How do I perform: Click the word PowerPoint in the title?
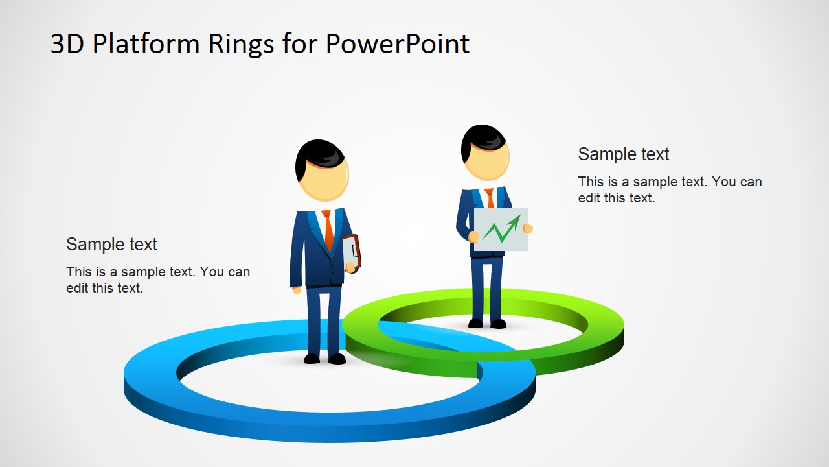coord(397,44)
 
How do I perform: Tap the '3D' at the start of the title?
coord(67,44)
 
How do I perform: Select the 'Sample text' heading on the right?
coord(623,154)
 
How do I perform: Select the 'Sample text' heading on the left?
coord(111,245)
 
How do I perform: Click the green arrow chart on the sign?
coord(501,229)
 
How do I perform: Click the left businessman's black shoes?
coord(324,359)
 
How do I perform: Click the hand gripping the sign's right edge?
coord(528,228)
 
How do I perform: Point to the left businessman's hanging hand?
coord(297,290)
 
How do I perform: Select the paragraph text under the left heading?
coord(157,280)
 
